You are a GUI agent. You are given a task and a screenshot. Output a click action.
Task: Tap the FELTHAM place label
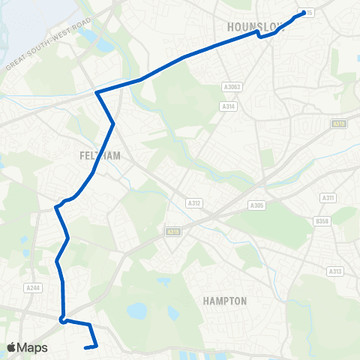coord(99,155)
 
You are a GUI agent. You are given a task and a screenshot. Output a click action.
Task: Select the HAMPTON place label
coord(225,301)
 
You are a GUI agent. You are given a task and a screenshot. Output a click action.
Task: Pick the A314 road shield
coord(229,107)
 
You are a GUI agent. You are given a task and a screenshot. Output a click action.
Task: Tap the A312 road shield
coord(194,202)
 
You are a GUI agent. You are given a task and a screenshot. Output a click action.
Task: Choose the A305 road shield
coord(257,205)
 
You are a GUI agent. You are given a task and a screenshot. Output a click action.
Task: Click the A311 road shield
coord(327,197)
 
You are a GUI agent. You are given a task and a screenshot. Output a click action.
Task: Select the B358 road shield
coord(322,221)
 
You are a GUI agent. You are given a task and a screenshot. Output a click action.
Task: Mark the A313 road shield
coord(334,271)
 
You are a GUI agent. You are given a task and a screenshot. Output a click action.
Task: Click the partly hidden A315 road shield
coord(308,13)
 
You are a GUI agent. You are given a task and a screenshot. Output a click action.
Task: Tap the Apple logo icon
coord(12,347)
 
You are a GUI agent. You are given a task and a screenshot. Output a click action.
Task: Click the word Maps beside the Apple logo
coord(33,347)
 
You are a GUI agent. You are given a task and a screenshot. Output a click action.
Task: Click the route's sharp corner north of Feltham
coord(97,92)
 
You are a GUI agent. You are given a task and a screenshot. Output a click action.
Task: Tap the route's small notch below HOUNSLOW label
coord(259,34)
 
